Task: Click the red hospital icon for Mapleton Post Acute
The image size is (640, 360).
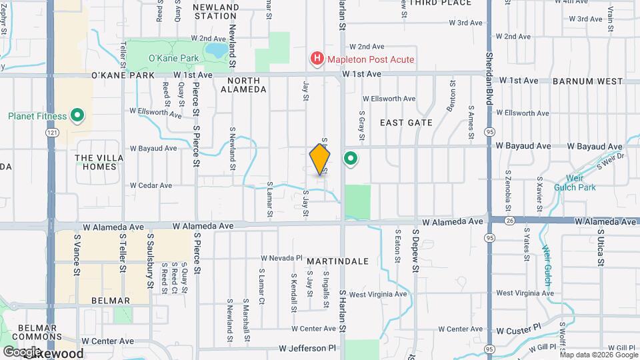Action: [x=317, y=59]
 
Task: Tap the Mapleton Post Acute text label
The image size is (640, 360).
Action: [x=370, y=59]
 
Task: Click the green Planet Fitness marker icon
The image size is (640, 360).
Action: [x=77, y=117]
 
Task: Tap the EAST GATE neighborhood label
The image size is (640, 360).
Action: [x=406, y=123]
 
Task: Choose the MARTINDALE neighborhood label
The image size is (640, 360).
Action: [x=337, y=261]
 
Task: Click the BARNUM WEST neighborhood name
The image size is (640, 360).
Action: [x=587, y=81]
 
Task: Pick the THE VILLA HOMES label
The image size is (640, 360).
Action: [x=95, y=162]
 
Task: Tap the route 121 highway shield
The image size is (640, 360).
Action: [x=51, y=133]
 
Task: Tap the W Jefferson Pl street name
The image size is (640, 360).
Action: [x=309, y=348]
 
